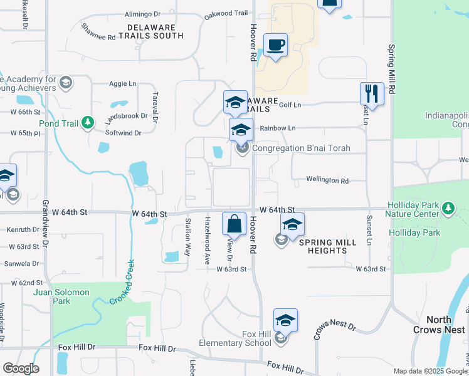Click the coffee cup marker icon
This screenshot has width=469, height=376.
[x=275, y=45]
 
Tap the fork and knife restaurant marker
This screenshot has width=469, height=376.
[x=372, y=94]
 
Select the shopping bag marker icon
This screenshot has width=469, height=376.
[x=234, y=222]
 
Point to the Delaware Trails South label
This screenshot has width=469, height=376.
[x=155, y=31]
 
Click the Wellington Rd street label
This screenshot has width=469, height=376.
[x=327, y=180]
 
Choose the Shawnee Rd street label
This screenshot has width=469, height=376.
[x=98, y=32]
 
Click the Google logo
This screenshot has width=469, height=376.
[x=20, y=368]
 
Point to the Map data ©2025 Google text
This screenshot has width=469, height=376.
[x=429, y=371]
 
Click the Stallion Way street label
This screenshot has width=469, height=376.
[x=187, y=237]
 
